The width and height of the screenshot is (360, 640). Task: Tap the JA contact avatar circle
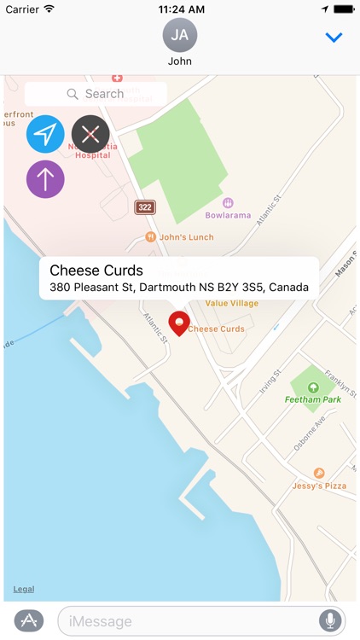180,35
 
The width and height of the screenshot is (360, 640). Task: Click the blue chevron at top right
334,38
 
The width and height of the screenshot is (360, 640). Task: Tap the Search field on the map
96,94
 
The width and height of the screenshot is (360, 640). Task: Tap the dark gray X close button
90,134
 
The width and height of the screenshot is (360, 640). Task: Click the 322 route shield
145,207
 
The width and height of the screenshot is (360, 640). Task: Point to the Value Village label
233,303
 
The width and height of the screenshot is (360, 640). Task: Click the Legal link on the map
24,590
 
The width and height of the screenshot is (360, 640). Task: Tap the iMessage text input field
188,621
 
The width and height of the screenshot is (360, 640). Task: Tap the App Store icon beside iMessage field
29,621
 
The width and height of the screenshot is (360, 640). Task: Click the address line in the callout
179,288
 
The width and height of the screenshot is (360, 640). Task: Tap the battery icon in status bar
344,9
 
